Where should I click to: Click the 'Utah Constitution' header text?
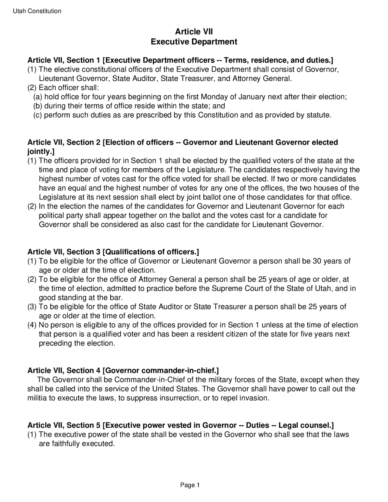click(37, 11)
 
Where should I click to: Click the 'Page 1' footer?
click(190, 485)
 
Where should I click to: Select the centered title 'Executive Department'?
click(194, 42)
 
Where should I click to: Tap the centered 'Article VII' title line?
click(194, 32)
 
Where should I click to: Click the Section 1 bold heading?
click(180, 60)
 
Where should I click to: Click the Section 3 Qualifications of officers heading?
click(113, 252)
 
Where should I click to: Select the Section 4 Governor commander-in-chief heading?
click(123, 370)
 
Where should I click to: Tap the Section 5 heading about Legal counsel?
click(181, 425)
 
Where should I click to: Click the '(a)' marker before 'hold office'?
click(38, 97)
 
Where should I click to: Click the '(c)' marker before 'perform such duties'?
click(38, 115)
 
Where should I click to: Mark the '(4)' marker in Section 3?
click(32, 325)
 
